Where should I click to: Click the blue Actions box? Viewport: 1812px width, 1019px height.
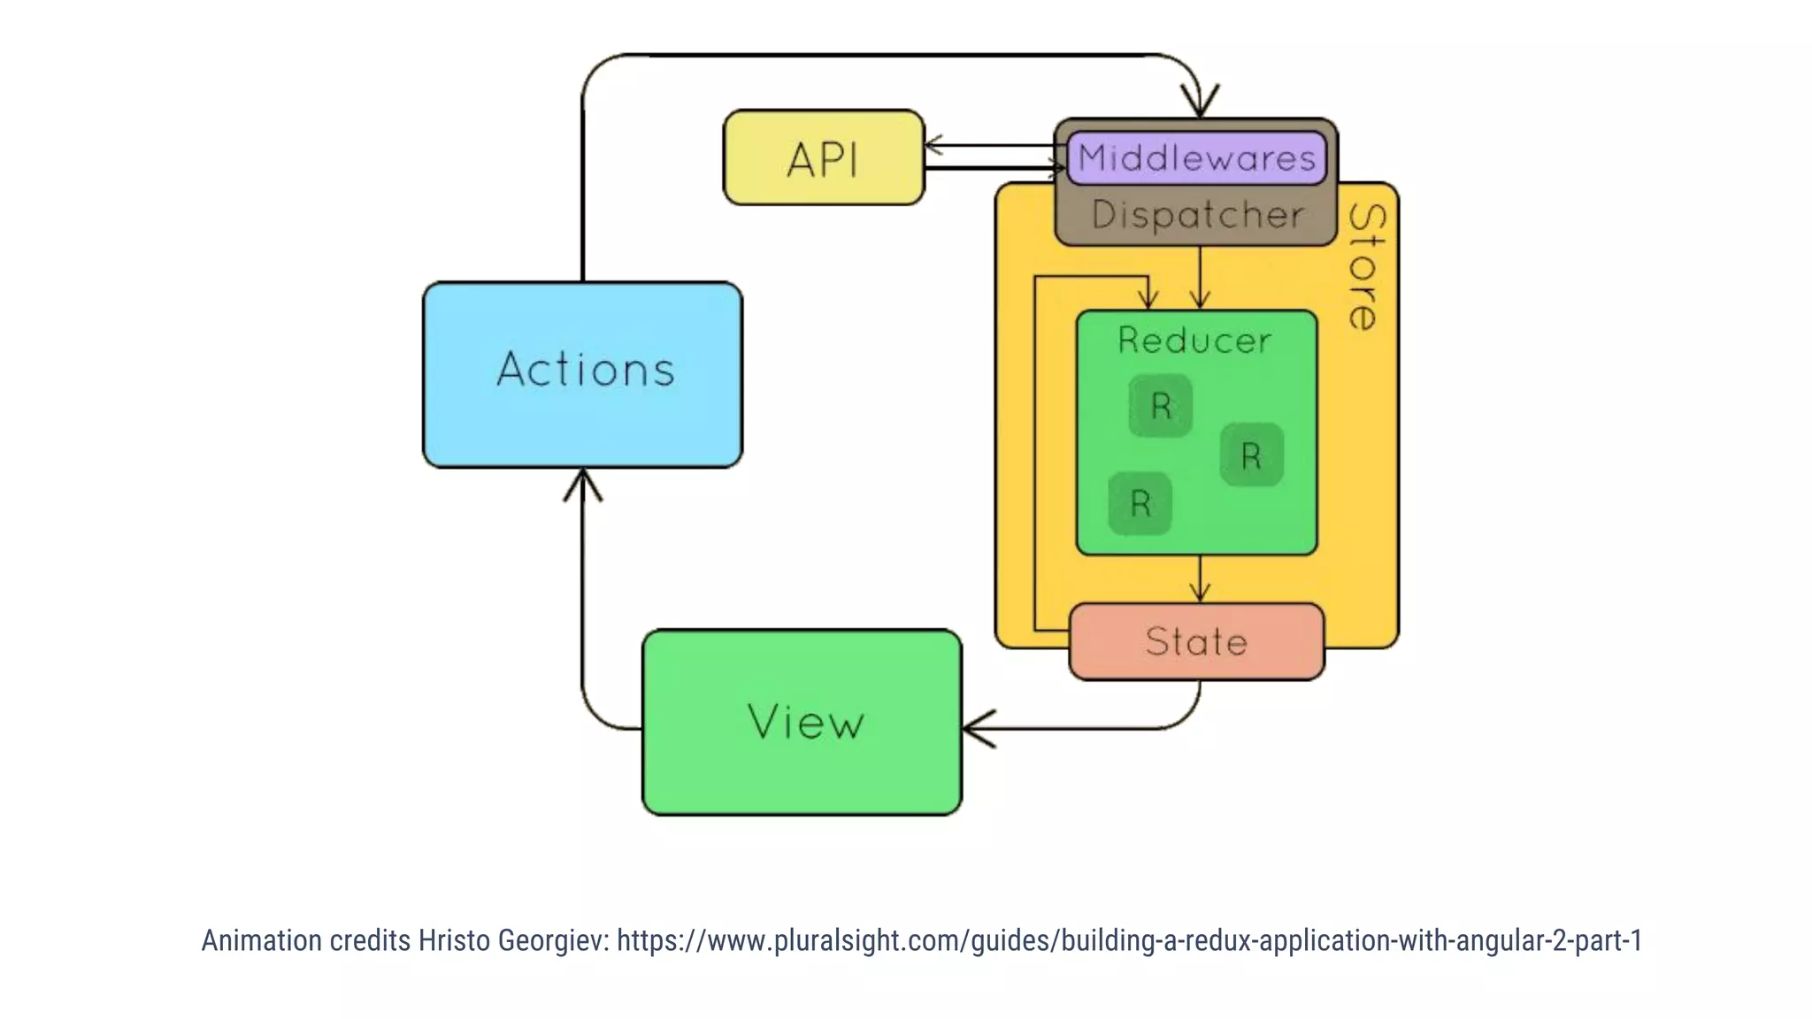pos(582,374)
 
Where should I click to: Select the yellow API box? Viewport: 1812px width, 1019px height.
pos(823,158)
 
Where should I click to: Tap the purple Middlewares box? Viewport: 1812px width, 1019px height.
pos(1196,158)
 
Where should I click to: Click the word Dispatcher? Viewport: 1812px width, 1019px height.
pos(1197,215)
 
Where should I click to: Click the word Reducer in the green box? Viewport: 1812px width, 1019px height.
pos(1194,341)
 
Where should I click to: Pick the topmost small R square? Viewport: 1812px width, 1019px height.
pos(1160,406)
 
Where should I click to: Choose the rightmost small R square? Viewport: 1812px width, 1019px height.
pos(1251,456)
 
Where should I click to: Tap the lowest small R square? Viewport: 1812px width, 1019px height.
pos(1140,503)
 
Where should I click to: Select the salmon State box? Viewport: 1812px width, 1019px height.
pos(1196,642)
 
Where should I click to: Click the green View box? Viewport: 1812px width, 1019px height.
pos(802,722)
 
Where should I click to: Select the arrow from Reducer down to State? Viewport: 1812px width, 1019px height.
pos(1200,580)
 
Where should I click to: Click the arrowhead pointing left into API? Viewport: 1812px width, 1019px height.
pos(933,145)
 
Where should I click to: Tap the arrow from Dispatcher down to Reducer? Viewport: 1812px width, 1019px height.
pos(1200,278)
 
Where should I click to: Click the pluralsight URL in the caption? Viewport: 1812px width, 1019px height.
pos(1129,940)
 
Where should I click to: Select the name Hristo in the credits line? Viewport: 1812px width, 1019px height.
pos(454,940)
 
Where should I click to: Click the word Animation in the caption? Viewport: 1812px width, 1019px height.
pos(261,940)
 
